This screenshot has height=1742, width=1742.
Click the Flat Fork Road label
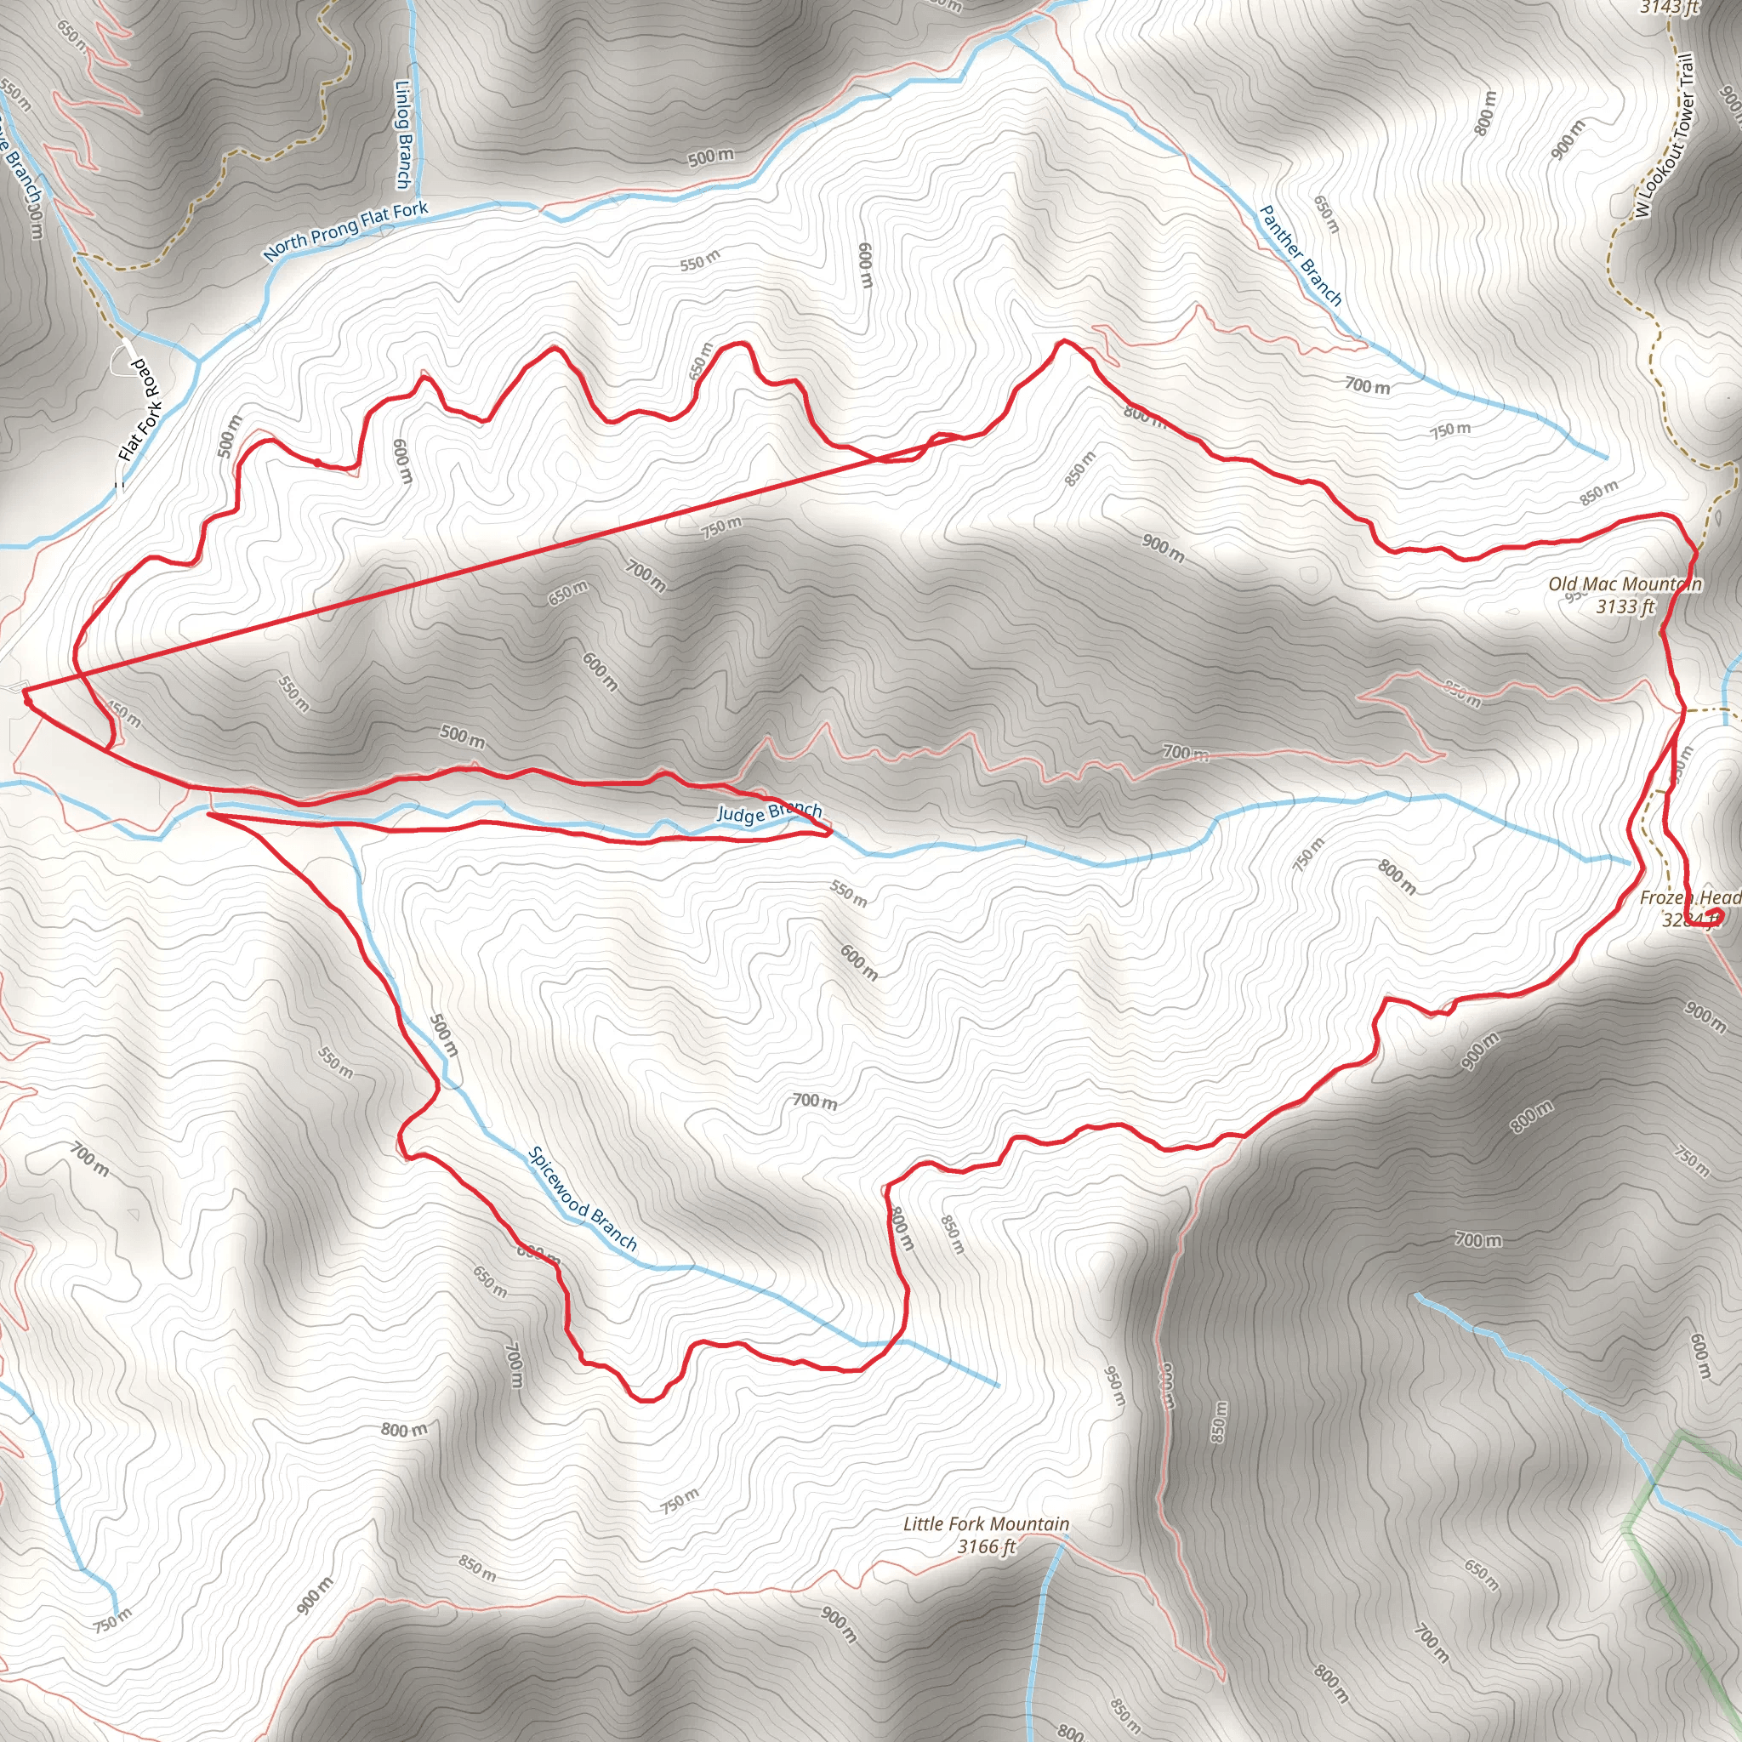tap(142, 411)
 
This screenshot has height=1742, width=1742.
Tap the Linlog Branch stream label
tap(404, 135)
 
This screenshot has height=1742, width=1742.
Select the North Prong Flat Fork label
tap(345, 231)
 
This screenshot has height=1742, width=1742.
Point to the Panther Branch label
tap(1300, 256)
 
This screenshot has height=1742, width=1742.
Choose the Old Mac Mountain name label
tap(1625, 584)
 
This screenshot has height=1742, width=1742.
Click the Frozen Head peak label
tap(1688, 898)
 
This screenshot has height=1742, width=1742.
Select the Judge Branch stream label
tap(768, 812)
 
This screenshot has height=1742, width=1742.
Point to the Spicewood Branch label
tap(583, 1200)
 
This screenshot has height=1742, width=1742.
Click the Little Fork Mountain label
tap(987, 1523)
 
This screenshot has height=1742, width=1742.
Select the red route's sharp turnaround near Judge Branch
tap(828, 833)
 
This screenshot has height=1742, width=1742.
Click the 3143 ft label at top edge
tap(1668, 7)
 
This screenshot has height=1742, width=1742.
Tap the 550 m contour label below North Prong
tap(700, 261)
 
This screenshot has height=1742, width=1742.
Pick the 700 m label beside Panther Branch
tap(1367, 386)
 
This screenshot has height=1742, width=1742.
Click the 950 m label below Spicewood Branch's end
tap(1115, 1386)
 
